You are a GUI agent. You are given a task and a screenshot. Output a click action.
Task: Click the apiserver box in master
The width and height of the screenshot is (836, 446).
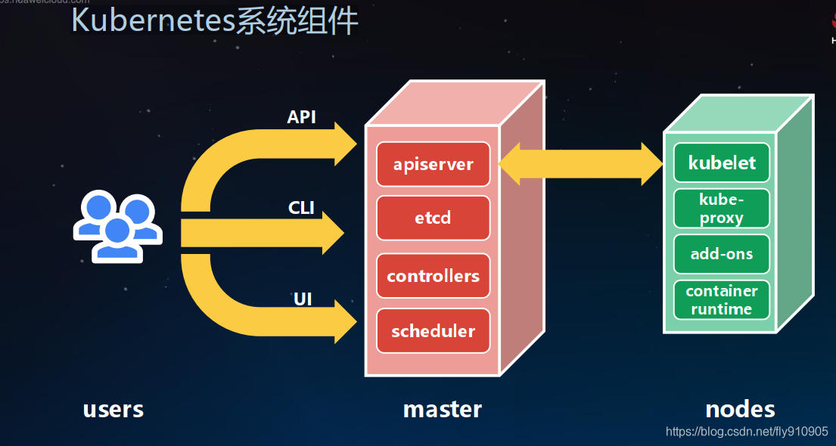pos(434,164)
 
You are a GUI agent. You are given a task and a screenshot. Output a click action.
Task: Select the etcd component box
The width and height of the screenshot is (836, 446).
pos(434,218)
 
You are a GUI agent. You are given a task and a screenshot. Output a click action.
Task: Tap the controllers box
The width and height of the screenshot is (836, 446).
pos(434,276)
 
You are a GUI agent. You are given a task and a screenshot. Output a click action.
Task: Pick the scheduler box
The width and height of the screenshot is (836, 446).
pos(434,331)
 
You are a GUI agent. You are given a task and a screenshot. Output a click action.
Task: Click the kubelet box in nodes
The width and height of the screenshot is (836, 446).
pos(722,163)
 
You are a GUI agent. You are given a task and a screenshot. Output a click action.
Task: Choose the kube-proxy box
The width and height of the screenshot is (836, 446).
pos(722,208)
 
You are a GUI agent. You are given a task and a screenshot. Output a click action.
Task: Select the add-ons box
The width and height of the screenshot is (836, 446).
pos(722,254)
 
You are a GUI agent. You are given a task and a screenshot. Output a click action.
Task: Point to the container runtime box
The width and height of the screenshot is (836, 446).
pos(722,300)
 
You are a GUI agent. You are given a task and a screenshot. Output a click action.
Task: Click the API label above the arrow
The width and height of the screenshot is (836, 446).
pos(301,117)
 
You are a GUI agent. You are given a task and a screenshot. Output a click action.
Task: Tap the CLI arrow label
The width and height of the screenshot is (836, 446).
pos(301,207)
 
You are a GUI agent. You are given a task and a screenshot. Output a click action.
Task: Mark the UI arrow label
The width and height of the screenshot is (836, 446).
pos(303,299)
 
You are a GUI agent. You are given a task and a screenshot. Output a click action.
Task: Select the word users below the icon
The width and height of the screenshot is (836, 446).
pos(113,410)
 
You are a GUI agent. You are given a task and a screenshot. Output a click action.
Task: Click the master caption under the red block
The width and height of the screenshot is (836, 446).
pos(443,410)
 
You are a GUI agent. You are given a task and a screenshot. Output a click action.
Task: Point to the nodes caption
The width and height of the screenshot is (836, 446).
pos(740,410)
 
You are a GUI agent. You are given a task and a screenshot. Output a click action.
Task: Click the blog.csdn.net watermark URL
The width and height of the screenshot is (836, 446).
pos(747,432)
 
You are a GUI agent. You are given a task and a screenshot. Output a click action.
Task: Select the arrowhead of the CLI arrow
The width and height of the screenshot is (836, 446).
pos(333,233)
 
